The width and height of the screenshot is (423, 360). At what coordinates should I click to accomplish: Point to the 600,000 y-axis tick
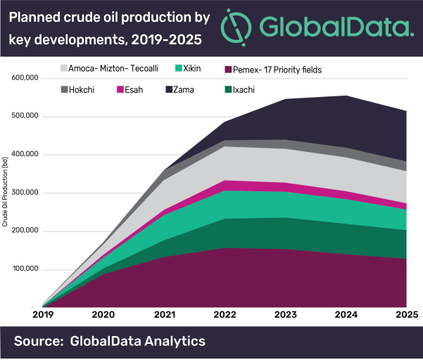[26, 78]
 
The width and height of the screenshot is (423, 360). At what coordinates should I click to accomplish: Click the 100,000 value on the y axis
[26, 270]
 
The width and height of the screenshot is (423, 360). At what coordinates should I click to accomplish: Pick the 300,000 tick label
[26, 193]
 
